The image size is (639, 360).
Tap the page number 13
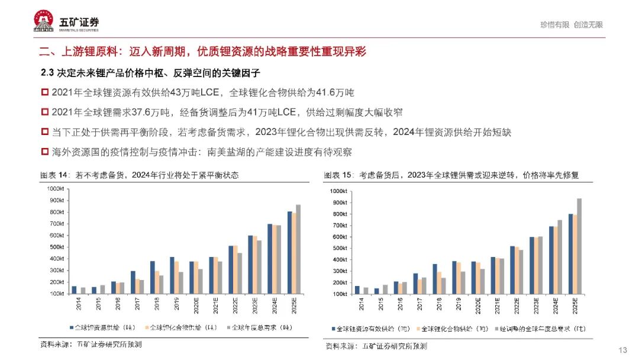[x=622, y=349]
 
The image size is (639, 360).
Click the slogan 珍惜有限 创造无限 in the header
[x=571, y=25]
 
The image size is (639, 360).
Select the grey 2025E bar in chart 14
[x=298, y=249]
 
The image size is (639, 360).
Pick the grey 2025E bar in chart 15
[x=579, y=246]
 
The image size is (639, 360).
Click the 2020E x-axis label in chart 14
[x=196, y=306]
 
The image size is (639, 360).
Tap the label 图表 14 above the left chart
[x=55, y=175]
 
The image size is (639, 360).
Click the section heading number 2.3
[x=48, y=73]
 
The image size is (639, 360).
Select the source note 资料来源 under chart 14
[x=91, y=344]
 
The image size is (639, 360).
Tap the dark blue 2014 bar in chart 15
[x=357, y=290]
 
